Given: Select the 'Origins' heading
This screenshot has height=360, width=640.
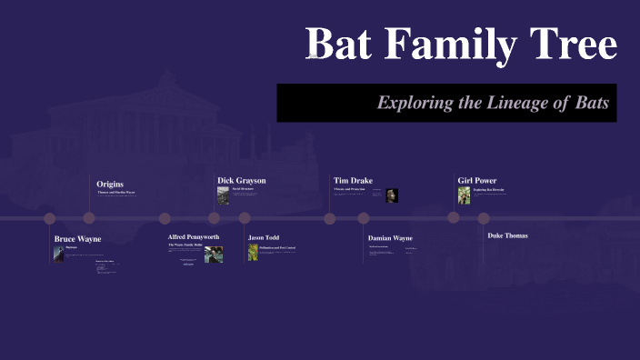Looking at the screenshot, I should click(x=110, y=185).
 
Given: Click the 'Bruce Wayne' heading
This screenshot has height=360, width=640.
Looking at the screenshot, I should click(x=77, y=239).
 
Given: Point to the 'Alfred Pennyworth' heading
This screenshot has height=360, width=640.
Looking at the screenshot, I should click(x=194, y=236).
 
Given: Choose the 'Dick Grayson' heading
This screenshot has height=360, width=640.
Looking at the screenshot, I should click(x=242, y=180).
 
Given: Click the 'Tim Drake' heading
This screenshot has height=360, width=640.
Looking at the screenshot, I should click(x=353, y=180).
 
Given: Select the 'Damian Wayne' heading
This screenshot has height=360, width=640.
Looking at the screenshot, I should click(x=390, y=237).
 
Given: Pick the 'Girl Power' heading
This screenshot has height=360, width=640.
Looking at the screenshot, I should click(x=476, y=180).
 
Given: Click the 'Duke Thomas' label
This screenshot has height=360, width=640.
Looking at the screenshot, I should click(x=507, y=235).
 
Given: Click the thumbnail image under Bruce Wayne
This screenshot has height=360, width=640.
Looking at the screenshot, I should click(x=59, y=253).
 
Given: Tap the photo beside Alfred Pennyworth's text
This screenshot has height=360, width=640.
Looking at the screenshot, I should click(x=214, y=254).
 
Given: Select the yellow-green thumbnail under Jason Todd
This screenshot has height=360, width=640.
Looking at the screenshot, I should click(x=254, y=252).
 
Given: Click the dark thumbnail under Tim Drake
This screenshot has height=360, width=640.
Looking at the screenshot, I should click(x=392, y=195).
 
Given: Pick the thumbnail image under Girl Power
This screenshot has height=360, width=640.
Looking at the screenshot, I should click(x=465, y=195).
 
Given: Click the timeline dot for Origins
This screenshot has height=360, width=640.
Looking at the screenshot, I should click(x=89, y=218).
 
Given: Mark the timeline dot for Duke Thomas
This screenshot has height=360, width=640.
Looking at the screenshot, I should click(x=484, y=218).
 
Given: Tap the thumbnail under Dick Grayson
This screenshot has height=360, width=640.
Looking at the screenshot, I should click(x=223, y=195).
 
